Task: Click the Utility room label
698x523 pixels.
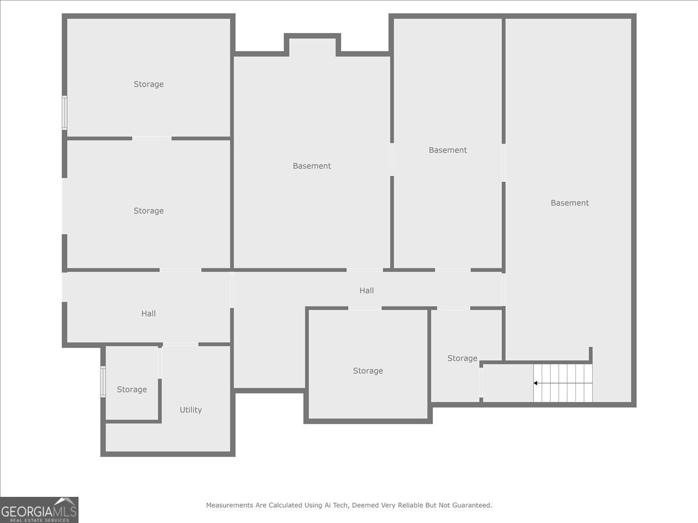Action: click(190, 410)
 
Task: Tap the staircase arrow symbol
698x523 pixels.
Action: click(536, 383)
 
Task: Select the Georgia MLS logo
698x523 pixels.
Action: click(39, 510)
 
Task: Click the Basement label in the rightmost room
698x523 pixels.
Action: click(569, 203)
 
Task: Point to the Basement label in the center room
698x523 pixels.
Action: click(312, 166)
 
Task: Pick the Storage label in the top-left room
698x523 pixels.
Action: click(148, 84)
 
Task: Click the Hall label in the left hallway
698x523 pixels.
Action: click(148, 314)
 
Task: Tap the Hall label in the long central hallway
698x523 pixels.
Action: click(366, 291)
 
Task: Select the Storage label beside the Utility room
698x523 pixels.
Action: click(131, 389)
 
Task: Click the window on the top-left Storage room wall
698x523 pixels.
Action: click(65, 113)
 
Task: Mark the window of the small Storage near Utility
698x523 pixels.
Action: click(103, 381)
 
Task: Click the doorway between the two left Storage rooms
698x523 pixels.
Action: click(152, 138)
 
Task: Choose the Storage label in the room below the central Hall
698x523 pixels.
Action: click(368, 371)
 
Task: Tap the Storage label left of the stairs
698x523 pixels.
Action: click(462, 359)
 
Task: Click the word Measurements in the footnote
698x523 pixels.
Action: click(230, 506)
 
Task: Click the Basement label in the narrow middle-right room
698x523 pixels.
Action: click(447, 150)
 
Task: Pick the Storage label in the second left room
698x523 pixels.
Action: click(148, 211)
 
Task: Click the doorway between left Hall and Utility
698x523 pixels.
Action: click(180, 345)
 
